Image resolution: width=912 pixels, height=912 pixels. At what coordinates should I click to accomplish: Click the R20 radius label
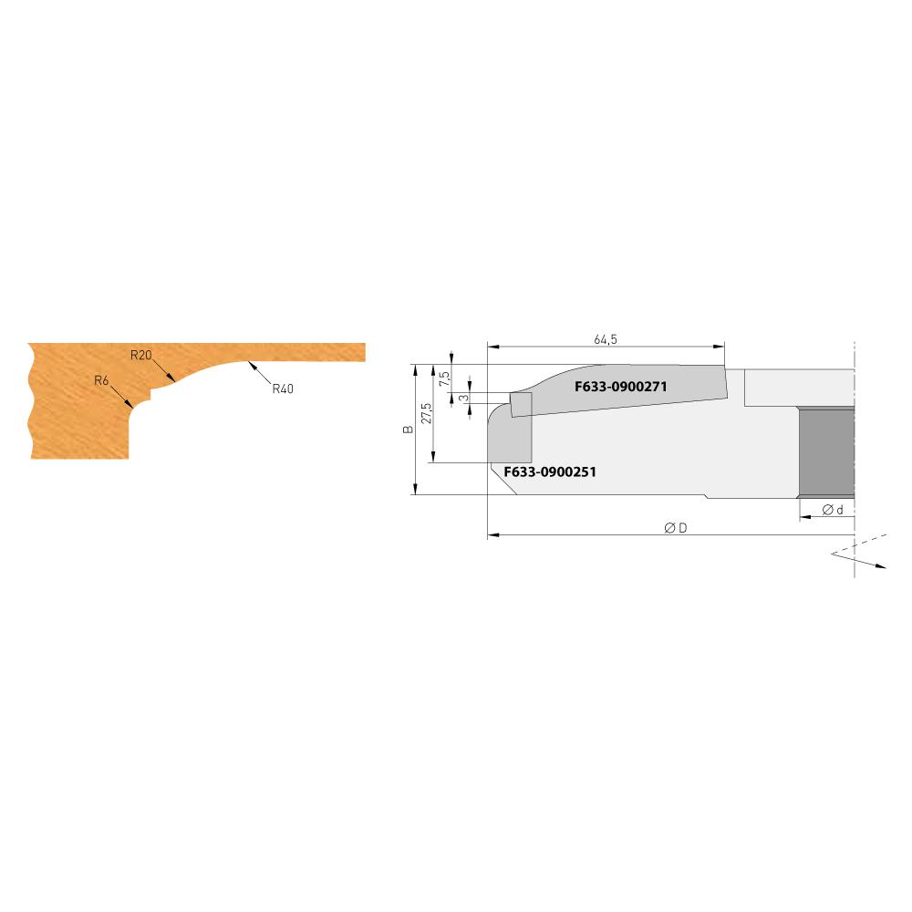140,355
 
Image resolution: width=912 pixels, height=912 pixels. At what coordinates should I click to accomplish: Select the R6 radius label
101,380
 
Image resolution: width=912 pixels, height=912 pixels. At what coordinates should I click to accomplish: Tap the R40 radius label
283,388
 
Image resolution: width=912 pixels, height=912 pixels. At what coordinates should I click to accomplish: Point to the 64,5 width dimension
606,339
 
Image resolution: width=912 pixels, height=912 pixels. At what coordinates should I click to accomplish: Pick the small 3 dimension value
463,398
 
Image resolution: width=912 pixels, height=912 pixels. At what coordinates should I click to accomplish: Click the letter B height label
408,430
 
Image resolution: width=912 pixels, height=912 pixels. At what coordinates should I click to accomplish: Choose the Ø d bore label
831,510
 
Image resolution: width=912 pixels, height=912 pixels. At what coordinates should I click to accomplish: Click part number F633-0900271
623,387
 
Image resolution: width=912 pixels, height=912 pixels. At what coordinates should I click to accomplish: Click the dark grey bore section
826,452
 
